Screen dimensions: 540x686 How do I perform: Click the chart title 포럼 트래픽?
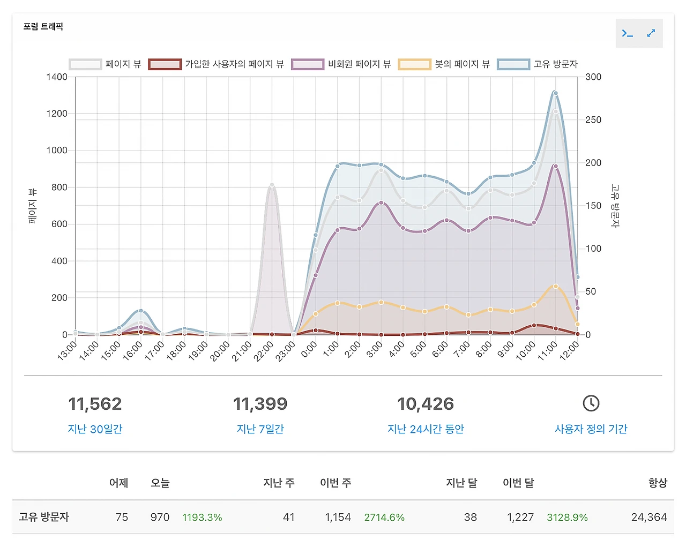(x=43, y=26)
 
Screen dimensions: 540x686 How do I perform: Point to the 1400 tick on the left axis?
(x=57, y=77)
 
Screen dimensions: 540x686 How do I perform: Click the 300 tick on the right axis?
(x=593, y=77)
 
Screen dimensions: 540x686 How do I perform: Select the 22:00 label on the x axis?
(x=263, y=352)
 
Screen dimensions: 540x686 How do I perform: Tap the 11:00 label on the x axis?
(x=547, y=352)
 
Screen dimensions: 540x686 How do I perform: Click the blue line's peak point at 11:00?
(x=556, y=93)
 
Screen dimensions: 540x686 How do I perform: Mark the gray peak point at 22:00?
(x=272, y=185)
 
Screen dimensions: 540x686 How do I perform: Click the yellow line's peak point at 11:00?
(x=556, y=287)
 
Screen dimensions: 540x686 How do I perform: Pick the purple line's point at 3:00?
(x=381, y=203)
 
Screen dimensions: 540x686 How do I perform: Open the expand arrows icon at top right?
(x=651, y=33)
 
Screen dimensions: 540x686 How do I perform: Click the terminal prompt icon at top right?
(x=628, y=33)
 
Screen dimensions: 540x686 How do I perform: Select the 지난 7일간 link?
(x=260, y=429)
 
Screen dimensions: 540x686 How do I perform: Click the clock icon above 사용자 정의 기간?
(x=591, y=403)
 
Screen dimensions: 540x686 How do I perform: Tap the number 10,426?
(x=426, y=404)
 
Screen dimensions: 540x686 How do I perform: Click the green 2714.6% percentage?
(x=384, y=517)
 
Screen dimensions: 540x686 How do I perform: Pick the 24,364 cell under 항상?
(x=649, y=517)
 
